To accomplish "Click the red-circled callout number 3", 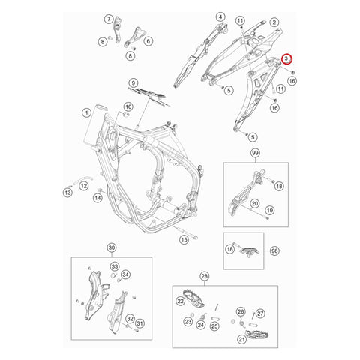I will pyautogui.click(x=286, y=58).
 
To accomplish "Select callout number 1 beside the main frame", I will pyautogui.click(x=85, y=113).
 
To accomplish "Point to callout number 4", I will pyautogui.click(x=220, y=16).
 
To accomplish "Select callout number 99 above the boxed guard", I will pyautogui.click(x=255, y=153).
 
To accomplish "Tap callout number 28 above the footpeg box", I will pyautogui.click(x=205, y=277).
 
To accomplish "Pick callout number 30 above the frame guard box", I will pyautogui.click(x=112, y=247).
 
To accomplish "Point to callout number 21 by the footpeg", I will pyautogui.click(x=242, y=340).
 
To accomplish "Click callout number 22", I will pyautogui.click(x=180, y=301).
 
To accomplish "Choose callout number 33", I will pyautogui.click(x=115, y=266).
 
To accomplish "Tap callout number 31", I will pyautogui.click(x=140, y=322).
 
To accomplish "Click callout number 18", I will pyautogui.click(x=279, y=186).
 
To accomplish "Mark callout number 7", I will pyautogui.click(x=108, y=18).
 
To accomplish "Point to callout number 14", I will pyautogui.click(x=97, y=198).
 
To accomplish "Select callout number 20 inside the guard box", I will pyautogui.click(x=254, y=203).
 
